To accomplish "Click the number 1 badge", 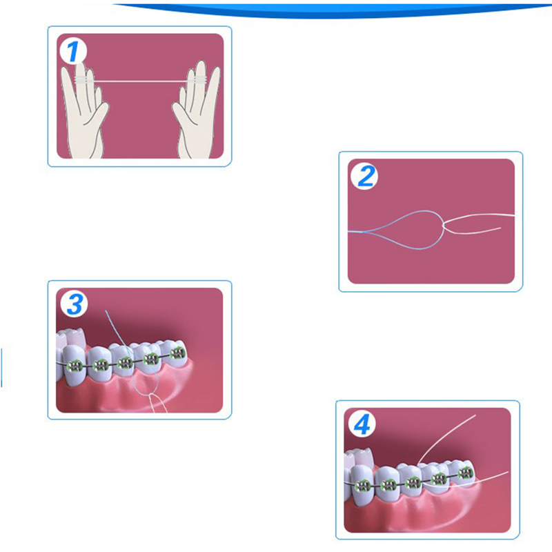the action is point(73,52).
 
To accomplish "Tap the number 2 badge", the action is point(364,177).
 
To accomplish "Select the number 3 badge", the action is point(75,305).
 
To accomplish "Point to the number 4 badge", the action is point(362,424).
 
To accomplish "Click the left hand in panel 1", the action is point(84,109).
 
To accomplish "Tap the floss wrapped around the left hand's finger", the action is point(83,80).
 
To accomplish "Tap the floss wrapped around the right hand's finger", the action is point(196,80).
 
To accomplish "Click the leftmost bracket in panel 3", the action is point(75,366).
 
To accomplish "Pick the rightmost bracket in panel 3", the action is point(177,353).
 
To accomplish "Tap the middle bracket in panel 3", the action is point(125,362).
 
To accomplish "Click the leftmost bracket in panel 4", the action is point(363,486).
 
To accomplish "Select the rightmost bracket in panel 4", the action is point(465,473).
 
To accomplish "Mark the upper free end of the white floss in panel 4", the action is point(475,415).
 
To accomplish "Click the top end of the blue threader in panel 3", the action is point(106,311).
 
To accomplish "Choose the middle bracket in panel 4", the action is point(413,482).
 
